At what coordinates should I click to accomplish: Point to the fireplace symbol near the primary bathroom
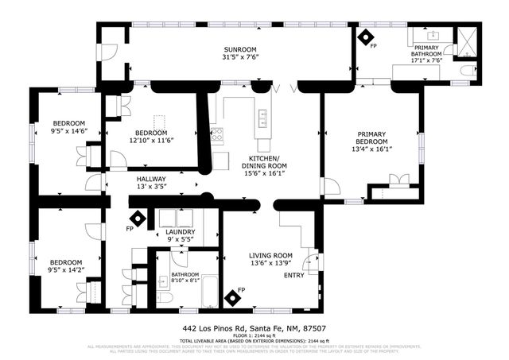[x=366, y=37]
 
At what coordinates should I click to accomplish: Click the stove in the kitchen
[x=216, y=134]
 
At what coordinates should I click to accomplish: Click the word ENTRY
[x=293, y=275]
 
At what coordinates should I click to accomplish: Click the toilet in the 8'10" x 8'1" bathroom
[x=174, y=296]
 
